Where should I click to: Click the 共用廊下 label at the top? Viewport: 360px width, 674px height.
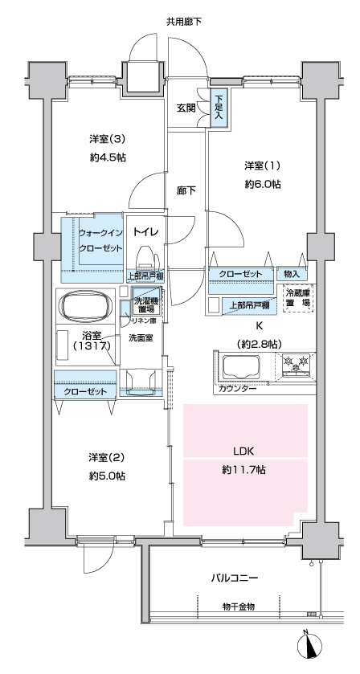click(184, 22)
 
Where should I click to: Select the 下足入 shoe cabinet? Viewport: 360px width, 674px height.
click(219, 108)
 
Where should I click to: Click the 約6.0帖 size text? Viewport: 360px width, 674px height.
click(263, 185)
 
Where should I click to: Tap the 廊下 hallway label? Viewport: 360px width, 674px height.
click(186, 190)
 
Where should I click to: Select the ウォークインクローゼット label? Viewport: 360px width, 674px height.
click(101, 241)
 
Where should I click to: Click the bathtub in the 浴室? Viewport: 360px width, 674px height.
click(84, 305)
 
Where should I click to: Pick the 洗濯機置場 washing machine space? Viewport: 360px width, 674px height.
click(145, 300)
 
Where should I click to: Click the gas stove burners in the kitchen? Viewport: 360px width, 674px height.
click(297, 362)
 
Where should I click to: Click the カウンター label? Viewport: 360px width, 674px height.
click(237, 389)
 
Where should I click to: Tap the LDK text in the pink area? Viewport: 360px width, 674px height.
click(245, 451)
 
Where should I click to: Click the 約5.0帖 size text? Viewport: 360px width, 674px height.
click(107, 476)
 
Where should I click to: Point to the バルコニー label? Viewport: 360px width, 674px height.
click(235, 578)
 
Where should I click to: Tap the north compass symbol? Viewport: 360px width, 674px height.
click(309, 646)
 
